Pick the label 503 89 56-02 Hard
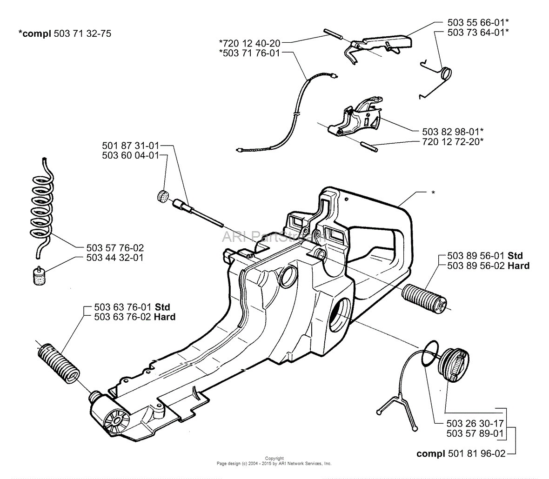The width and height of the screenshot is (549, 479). coord(488,266)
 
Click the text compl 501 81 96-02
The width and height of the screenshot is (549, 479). coord(461,453)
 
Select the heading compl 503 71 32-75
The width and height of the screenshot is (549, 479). coord(65,33)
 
